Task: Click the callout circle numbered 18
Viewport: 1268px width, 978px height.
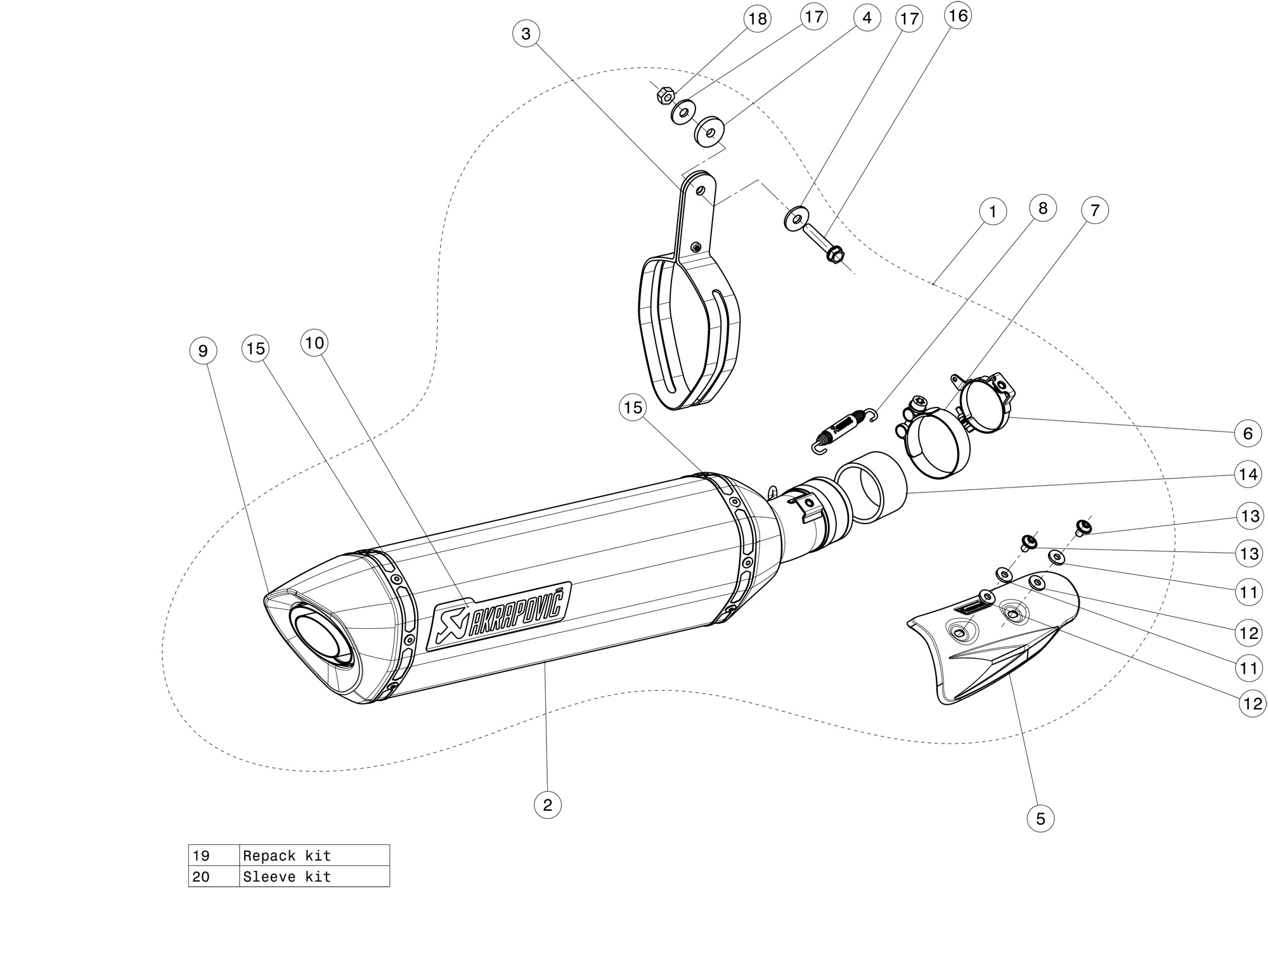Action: (x=757, y=19)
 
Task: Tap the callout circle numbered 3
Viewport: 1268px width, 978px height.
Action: (x=526, y=34)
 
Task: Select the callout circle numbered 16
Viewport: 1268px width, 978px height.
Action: (x=958, y=15)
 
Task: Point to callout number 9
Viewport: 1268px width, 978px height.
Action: (x=203, y=351)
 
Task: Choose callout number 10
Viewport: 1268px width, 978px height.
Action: (x=314, y=343)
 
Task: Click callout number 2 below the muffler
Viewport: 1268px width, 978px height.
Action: (x=548, y=804)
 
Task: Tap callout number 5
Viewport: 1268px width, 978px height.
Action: (x=1040, y=818)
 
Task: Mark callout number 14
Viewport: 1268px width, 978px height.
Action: (x=1248, y=474)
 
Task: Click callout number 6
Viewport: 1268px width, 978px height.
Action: (x=1248, y=434)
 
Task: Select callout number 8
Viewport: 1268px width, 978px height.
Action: (x=1043, y=208)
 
